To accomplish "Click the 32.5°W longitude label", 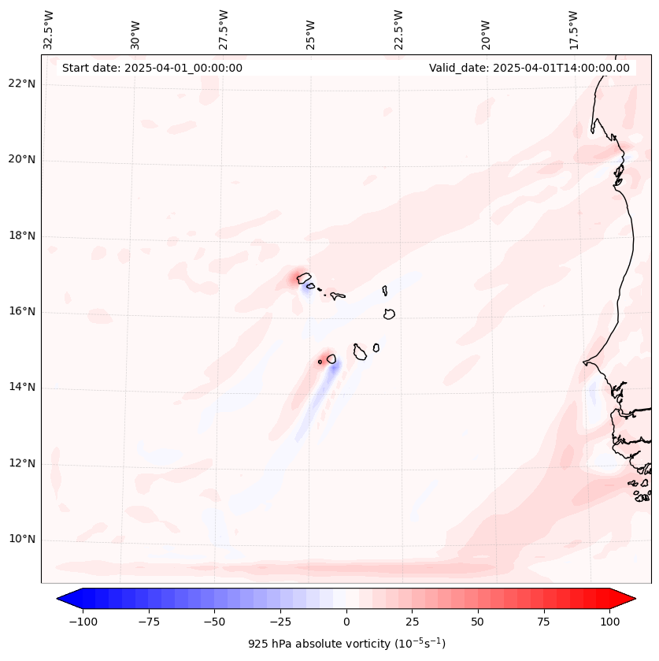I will [49, 30].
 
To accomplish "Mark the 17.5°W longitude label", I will [573, 30].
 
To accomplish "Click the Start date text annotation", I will [152, 68].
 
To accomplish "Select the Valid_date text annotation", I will [529, 68].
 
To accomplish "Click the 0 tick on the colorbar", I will [346, 622].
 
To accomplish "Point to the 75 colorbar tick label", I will [544, 622].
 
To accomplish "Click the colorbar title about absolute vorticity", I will [346, 644].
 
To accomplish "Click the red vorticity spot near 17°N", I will [300, 277].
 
